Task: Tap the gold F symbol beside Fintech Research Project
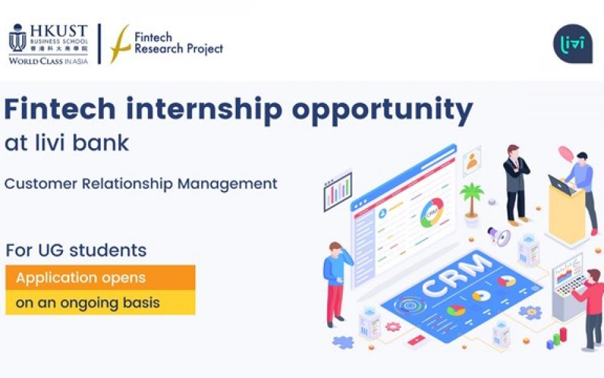click(x=120, y=44)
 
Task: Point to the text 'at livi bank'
click(x=66, y=143)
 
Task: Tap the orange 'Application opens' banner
click(x=100, y=277)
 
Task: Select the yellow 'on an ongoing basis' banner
click(x=100, y=302)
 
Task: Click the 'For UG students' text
click(x=76, y=250)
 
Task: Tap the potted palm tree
click(x=470, y=202)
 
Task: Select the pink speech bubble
click(x=566, y=153)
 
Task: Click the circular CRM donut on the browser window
click(x=432, y=213)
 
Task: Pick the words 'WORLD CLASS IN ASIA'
click(x=48, y=61)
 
